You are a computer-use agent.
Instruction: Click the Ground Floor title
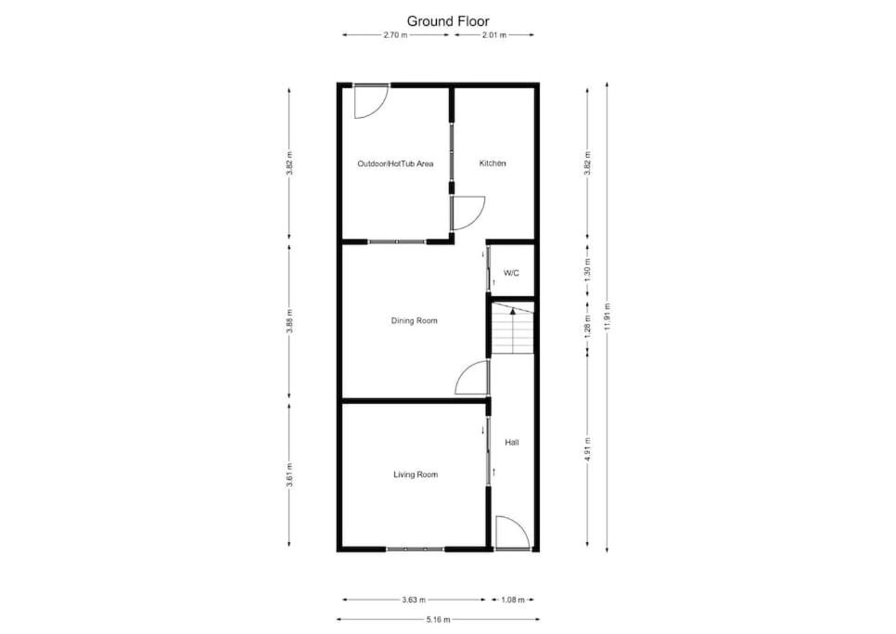point(448,21)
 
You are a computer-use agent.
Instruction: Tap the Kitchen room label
point(492,163)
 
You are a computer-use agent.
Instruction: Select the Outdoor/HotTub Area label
point(395,164)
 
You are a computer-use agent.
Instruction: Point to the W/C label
point(511,273)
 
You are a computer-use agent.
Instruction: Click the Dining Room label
point(415,321)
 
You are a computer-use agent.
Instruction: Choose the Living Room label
point(416,474)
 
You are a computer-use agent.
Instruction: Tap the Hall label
point(512,443)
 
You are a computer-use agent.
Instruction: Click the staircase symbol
point(513,330)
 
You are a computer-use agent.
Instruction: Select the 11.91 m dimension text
point(607,317)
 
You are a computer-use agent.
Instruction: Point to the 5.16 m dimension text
point(438,619)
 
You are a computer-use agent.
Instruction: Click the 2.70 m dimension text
point(395,35)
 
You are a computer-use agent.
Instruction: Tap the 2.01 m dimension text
point(494,35)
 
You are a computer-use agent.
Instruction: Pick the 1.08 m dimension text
point(513,600)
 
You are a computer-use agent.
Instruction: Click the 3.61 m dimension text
point(289,475)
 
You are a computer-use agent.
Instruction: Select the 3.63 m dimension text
point(414,600)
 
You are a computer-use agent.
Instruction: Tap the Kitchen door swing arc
point(478,211)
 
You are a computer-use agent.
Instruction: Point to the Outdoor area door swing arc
point(378,110)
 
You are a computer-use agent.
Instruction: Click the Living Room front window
point(416,549)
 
